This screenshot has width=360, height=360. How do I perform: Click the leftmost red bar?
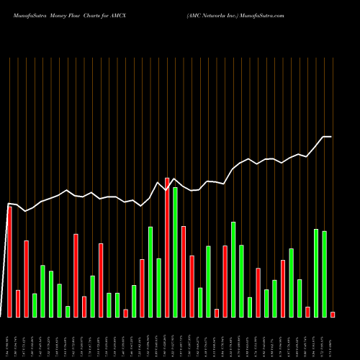coord(9,261)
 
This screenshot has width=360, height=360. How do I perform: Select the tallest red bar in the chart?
coord(167,247)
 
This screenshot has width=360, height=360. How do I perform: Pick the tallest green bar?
coord(175,252)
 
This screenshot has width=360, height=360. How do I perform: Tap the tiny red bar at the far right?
coord(333,314)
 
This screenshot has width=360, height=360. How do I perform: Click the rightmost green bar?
coord(324,274)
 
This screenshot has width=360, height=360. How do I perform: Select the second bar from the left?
coord(18,303)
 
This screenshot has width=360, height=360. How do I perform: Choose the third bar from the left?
coord(26,279)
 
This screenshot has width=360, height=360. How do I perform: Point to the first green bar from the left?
coord(35,305)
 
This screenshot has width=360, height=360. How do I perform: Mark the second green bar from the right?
coord(316,273)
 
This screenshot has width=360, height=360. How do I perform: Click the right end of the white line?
coord(331,137)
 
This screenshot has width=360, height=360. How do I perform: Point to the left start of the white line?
coord(9,204)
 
